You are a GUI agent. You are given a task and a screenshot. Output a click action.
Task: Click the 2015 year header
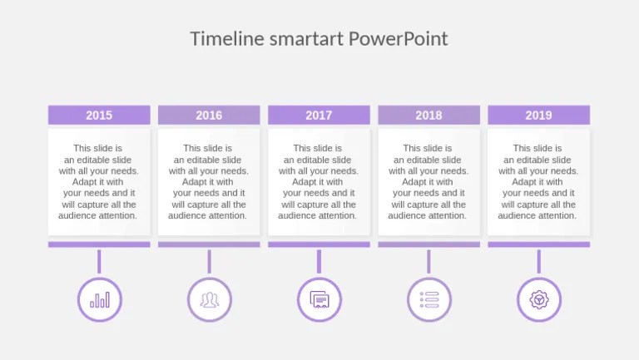(x=99, y=116)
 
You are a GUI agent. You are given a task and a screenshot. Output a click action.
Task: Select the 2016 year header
(x=209, y=116)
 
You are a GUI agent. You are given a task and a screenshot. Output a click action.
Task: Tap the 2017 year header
(x=319, y=116)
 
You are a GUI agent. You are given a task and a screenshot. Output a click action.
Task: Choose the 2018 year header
(x=428, y=116)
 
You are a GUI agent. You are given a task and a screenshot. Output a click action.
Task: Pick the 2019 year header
(x=538, y=116)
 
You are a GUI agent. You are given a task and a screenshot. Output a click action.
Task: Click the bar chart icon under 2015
(x=100, y=299)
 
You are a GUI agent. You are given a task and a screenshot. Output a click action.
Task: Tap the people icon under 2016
(x=210, y=299)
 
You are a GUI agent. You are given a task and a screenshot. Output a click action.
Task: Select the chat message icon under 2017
(x=319, y=299)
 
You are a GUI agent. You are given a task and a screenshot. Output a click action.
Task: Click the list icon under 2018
(x=429, y=299)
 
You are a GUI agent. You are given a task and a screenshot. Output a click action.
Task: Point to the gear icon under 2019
(x=539, y=299)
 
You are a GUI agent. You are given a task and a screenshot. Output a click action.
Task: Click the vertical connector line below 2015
(x=99, y=261)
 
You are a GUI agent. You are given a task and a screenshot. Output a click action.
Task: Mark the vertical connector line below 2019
(x=538, y=261)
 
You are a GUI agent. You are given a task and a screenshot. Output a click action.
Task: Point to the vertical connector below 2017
(x=319, y=261)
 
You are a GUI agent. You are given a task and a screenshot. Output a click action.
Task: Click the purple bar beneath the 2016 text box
(x=209, y=244)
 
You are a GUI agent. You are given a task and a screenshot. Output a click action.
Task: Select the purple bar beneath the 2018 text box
(x=428, y=244)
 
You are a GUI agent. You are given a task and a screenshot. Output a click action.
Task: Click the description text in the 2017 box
(x=319, y=182)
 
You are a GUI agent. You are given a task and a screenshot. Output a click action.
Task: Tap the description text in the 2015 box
(x=99, y=182)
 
